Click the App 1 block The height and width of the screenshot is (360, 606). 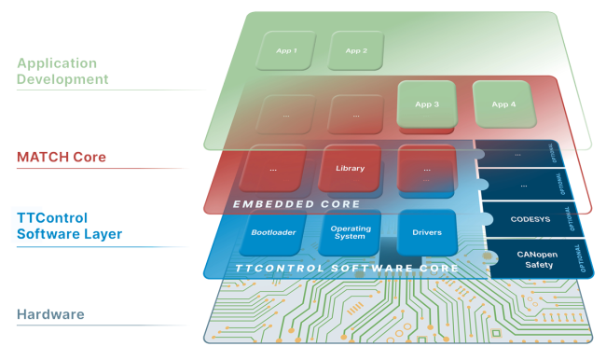click(286, 50)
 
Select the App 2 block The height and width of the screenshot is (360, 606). click(356, 50)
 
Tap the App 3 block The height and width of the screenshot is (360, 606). click(426, 104)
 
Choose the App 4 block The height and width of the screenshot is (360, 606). click(503, 104)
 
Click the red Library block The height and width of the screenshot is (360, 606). click(350, 169)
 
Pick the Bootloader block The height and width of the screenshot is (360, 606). click(273, 232)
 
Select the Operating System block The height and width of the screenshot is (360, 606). click(351, 232)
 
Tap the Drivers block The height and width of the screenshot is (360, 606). click(426, 231)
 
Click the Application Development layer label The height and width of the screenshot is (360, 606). click(62, 71)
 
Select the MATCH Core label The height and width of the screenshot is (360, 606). click(62, 157)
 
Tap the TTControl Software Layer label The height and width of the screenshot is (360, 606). click(70, 226)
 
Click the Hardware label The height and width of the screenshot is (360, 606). click(52, 314)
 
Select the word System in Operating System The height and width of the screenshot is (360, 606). click(351, 237)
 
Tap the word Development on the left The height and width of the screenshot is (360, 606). click(62, 79)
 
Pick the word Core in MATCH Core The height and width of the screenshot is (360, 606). click(89, 157)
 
